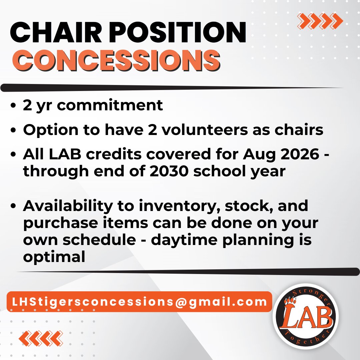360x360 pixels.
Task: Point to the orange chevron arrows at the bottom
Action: tap(41, 339)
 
